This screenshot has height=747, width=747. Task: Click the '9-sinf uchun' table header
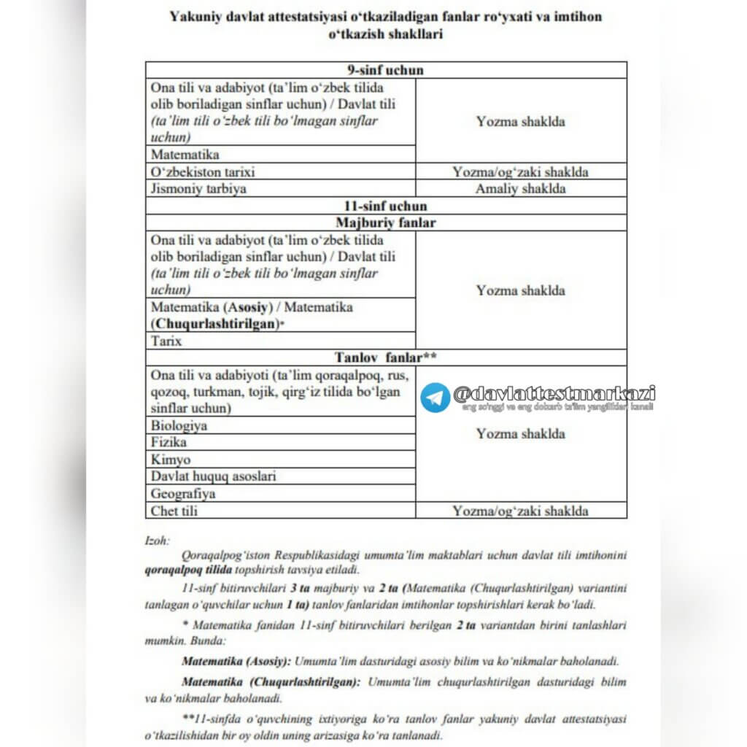[x=386, y=70]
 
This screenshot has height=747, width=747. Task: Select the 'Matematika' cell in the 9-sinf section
[x=185, y=155]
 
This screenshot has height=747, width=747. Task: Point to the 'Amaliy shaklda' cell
[x=520, y=189]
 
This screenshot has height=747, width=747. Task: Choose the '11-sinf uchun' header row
[x=386, y=206]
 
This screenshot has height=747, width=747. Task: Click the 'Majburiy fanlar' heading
[x=386, y=222]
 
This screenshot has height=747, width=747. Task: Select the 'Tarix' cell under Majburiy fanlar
[x=166, y=341]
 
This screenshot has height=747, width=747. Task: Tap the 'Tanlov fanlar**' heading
[x=386, y=357]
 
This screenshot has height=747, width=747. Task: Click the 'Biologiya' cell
[x=179, y=425]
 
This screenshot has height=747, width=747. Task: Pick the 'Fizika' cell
[x=169, y=442]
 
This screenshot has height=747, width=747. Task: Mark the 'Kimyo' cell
[x=171, y=460]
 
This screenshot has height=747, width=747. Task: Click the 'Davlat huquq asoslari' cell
[x=214, y=476]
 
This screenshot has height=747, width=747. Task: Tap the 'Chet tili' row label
[x=174, y=511]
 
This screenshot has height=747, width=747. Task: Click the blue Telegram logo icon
[x=436, y=398]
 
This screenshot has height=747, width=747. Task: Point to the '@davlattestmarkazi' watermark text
[x=554, y=393]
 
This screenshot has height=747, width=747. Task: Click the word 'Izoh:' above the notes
[x=158, y=541]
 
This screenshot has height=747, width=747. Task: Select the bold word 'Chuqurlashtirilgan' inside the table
[x=215, y=323]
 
